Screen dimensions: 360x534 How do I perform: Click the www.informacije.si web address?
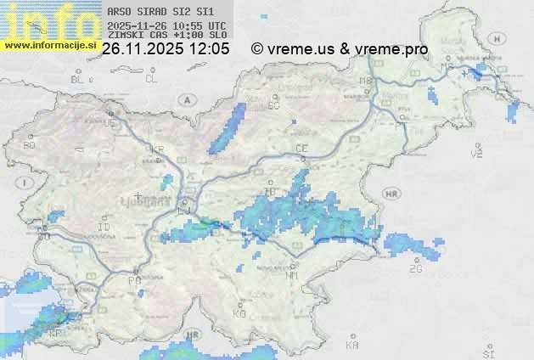click(48, 45)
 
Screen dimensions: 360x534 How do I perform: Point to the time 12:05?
click(209, 49)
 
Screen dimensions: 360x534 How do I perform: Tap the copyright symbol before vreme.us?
click(257, 49)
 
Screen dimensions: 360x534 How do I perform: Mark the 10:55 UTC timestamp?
click(198, 26)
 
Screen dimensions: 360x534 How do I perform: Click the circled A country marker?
click(185, 99)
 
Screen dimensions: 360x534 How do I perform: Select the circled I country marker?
click(26, 183)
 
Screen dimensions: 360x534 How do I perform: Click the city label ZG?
click(415, 269)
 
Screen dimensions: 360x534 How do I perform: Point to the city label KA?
click(352, 346)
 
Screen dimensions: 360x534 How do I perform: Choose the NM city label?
click(293, 275)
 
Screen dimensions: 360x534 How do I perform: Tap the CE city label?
click(301, 149)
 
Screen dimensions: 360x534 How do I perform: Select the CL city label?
click(151, 79)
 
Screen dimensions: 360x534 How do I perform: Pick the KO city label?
click(239, 313)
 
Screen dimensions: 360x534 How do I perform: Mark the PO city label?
click(134, 280)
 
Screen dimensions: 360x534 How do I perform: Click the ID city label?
click(104, 228)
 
